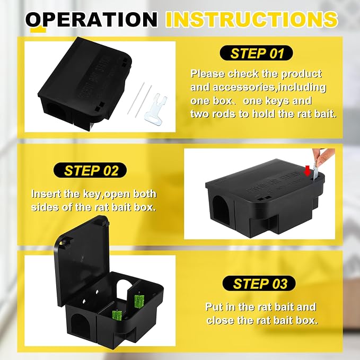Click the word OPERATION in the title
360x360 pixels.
(x=91, y=20)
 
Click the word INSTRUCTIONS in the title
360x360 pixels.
(x=252, y=19)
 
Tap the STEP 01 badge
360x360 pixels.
(x=257, y=53)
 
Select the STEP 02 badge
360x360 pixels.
(x=90, y=170)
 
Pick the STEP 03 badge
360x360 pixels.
(x=259, y=283)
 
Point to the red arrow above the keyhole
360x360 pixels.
(x=307, y=172)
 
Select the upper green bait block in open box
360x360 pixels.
(x=139, y=301)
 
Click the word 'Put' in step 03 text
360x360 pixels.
(x=214, y=307)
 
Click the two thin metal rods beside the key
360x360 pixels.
(x=139, y=100)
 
